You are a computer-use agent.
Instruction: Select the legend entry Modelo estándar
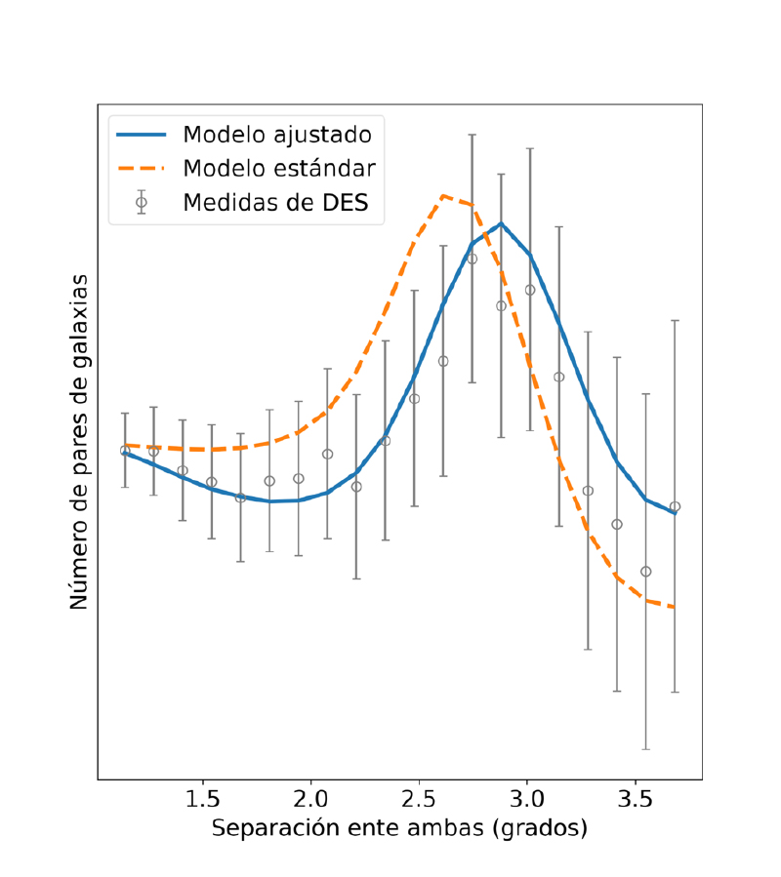(x=279, y=169)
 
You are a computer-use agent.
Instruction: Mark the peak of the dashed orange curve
(x=443, y=195)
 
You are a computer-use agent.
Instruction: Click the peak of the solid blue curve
(x=501, y=223)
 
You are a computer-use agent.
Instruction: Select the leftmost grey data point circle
(x=125, y=451)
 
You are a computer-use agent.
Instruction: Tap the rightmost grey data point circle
(x=675, y=506)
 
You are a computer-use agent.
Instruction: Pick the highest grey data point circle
(x=473, y=259)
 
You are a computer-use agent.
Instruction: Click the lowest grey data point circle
(x=645, y=572)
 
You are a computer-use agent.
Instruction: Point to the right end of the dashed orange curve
(x=675, y=608)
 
